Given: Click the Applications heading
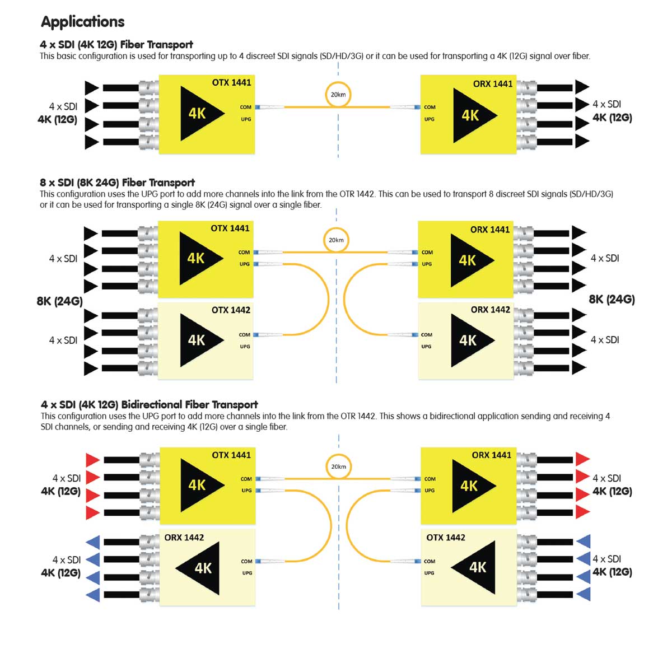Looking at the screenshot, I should click(82, 22).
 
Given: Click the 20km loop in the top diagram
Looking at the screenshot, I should click(338, 95).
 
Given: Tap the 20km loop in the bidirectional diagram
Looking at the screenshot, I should click(338, 466).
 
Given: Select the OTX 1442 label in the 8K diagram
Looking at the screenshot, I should click(231, 310).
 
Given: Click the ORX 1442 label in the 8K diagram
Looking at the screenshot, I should click(490, 309).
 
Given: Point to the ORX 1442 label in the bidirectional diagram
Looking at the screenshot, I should click(184, 537).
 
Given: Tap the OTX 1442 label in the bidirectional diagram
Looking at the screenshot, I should click(445, 537).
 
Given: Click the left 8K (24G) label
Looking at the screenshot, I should click(59, 301).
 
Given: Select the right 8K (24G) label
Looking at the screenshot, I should click(612, 299).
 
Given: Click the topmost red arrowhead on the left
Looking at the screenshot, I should click(92, 460).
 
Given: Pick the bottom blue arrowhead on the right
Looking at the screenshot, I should click(584, 593).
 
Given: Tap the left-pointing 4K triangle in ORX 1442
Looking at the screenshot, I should click(199, 568).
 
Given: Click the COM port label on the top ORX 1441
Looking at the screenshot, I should click(430, 107).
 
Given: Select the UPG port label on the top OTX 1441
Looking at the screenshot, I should click(246, 119).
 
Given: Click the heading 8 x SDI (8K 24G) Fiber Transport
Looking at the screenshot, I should click(117, 183).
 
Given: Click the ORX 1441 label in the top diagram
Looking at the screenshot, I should click(492, 84).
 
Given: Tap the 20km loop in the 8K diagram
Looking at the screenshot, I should click(336, 240).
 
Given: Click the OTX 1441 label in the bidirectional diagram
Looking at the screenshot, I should click(231, 455).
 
